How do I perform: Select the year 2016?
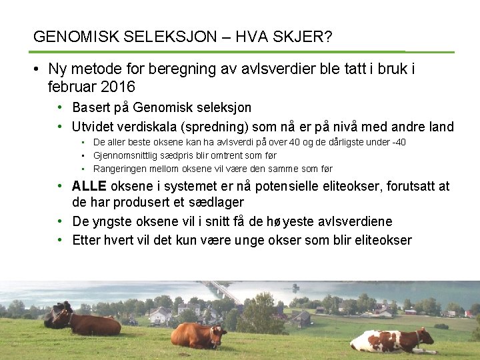click(118, 87)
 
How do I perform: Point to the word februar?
click(73, 87)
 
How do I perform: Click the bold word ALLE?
click(89, 186)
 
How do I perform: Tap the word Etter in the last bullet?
click(85, 240)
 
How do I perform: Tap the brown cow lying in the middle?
click(198, 335)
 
